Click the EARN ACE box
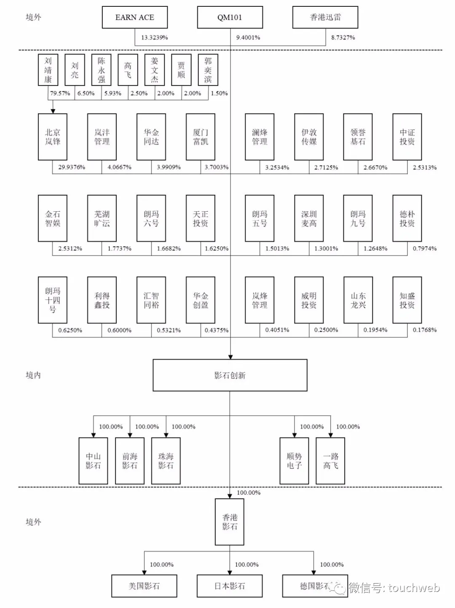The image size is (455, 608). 135,17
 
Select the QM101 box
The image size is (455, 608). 230,17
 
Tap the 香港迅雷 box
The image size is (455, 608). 325,17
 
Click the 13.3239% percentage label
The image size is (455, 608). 154,38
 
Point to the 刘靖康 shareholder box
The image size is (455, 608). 48,70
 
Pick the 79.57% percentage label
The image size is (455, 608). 60,93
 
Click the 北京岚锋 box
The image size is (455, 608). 53,137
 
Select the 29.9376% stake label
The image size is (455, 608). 72,167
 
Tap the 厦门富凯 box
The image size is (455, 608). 201,137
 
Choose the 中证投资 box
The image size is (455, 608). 407,137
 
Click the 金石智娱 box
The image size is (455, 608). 53,218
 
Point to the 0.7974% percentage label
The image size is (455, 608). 425,249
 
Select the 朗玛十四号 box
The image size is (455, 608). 53,300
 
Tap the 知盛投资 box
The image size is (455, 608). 407,300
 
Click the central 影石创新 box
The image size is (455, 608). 230,375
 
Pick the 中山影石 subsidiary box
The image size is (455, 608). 93,460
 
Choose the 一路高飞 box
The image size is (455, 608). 330,460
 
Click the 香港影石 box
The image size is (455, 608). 230,522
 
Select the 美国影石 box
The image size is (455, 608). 144,586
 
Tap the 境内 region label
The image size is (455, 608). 33,375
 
